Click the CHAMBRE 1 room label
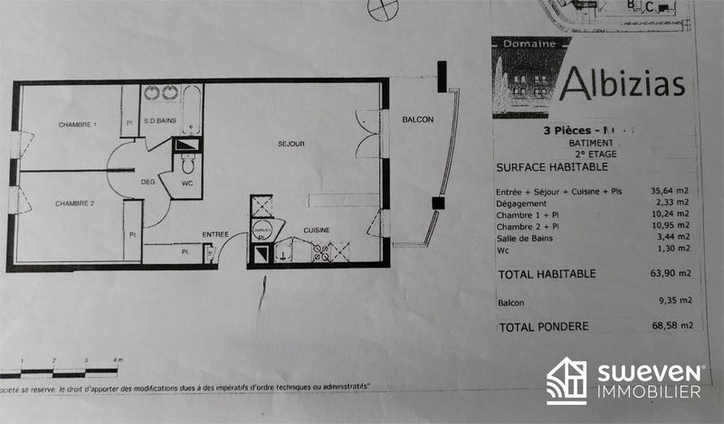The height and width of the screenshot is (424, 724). coord(77,124)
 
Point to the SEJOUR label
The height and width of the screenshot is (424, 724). coord(291,145)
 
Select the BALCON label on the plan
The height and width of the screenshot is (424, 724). coord(418,119)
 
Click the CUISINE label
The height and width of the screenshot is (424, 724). coord(317,230)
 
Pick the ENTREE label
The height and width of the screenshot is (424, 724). coord(215,234)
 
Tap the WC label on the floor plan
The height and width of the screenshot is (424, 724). coord(186,184)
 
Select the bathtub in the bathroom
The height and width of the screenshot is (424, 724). coord(191,108)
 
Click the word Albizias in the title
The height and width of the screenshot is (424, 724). coord(621,83)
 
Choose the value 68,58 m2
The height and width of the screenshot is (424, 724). coord(674,326)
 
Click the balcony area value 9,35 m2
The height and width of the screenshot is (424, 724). coord(675,301)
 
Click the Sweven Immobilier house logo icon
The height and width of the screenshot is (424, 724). coord(566,381)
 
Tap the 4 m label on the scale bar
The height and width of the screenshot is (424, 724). coord(117,360)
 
